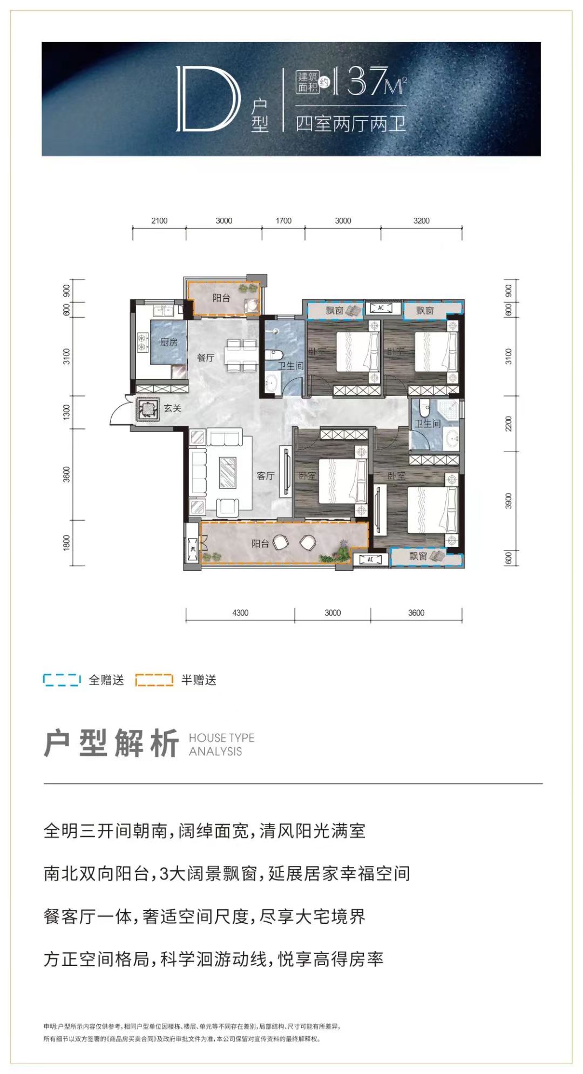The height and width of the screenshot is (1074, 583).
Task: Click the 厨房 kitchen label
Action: click(x=168, y=342)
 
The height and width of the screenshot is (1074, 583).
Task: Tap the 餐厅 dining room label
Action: click(x=206, y=358)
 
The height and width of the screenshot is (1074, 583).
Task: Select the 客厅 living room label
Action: click(x=266, y=475)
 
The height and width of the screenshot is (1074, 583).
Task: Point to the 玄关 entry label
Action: click(x=173, y=408)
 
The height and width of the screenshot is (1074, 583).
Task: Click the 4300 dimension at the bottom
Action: click(x=240, y=613)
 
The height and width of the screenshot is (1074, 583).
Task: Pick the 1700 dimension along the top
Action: click(x=283, y=220)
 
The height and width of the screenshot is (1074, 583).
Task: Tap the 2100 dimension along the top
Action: click(x=159, y=220)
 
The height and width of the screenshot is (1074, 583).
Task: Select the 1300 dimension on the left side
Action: click(x=67, y=412)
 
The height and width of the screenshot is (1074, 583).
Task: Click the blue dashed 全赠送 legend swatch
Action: click(x=62, y=680)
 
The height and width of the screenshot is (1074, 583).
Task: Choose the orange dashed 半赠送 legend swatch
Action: click(x=154, y=680)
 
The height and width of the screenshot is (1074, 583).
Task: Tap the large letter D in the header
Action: click(x=207, y=99)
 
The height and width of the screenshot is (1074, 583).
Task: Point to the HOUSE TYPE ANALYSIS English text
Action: click(x=221, y=744)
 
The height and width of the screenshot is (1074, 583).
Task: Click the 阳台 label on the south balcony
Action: click(x=260, y=543)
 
